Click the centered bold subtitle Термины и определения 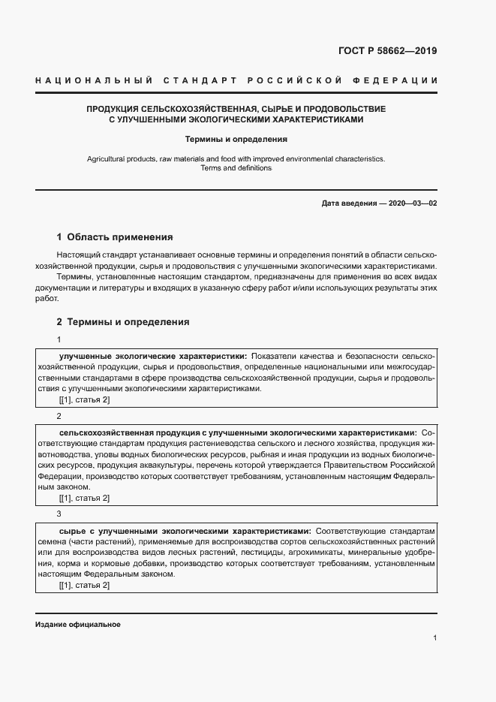click(236, 139)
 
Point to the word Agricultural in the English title click(108, 159)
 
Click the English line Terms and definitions click(236, 168)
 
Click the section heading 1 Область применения click(115, 236)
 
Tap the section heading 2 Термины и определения click(123, 322)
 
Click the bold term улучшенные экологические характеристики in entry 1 click(152, 355)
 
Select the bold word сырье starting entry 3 click(71, 530)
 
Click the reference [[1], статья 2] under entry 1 click(84, 400)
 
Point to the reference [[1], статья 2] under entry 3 click(84, 585)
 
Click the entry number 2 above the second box click(59, 416)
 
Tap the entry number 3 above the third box click(59, 514)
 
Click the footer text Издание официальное click(78, 625)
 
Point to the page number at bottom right click(434, 637)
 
